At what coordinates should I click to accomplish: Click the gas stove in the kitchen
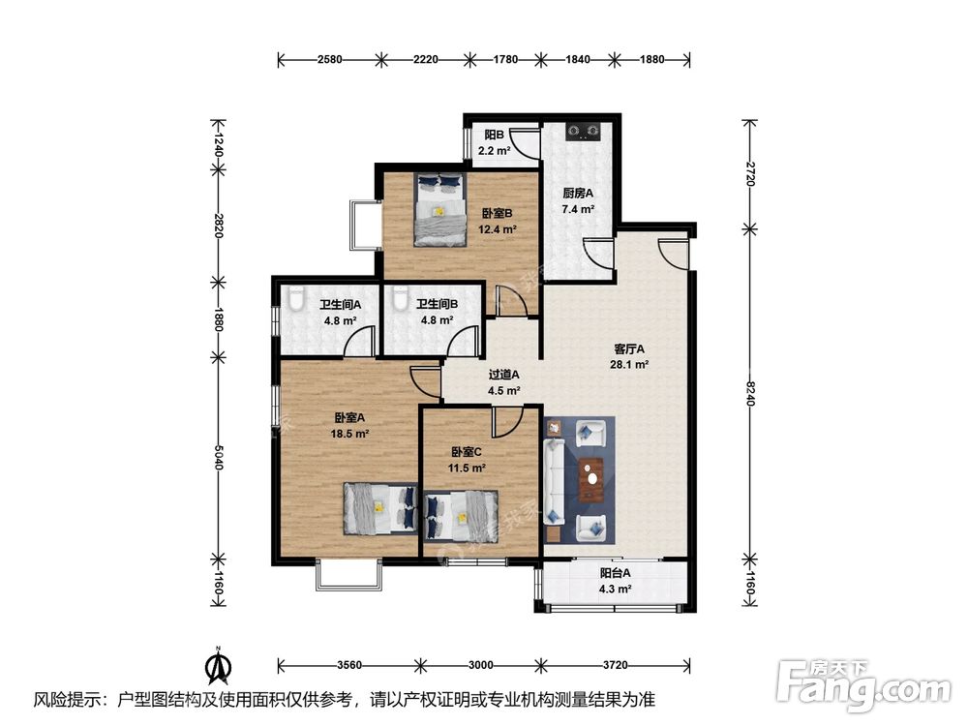(x=584, y=131)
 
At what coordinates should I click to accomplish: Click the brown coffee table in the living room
(x=593, y=480)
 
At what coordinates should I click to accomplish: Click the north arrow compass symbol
(x=218, y=665)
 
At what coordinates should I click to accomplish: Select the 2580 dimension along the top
(x=330, y=60)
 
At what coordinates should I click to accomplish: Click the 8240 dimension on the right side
(x=750, y=393)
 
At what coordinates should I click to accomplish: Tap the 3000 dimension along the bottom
(x=480, y=665)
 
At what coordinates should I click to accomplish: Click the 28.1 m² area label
(x=629, y=364)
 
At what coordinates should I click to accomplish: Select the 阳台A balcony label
(x=616, y=573)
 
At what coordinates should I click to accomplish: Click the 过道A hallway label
(x=503, y=375)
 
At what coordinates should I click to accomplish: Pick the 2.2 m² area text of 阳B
(x=494, y=150)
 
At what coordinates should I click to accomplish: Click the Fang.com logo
(x=863, y=686)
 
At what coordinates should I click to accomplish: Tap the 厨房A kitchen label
(x=578, y=194)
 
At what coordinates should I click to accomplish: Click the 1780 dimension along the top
(x=505, y=60)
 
